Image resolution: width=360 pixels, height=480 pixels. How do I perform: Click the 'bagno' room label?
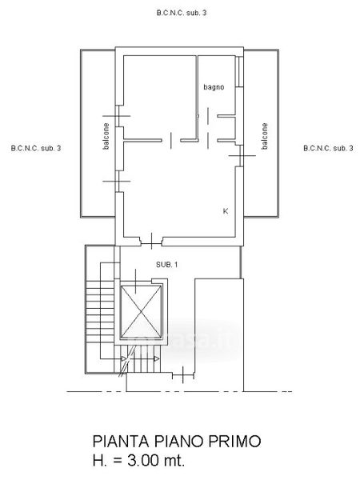pyautogui.click(x=214, y=87)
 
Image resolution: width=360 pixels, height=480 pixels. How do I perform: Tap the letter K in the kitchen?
pyautogui.click(x=226, y=211)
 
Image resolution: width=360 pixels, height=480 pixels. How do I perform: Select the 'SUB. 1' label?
pyautogui.click(x=167, y=265)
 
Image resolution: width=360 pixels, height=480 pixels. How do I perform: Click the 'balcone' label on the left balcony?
pyautogui.click(x=106, y=136)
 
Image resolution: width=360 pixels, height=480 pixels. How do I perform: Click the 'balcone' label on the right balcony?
pyautogui.click(x=265, y=136)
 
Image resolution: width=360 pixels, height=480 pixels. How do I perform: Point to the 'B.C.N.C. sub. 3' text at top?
pyautogui.click(x=182, y=13)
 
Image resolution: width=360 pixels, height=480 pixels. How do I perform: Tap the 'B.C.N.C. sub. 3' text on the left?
pyautogui.click(x=36, y=148)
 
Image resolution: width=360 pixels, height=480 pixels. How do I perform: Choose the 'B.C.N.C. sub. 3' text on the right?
pyautogui.click(x=328, y=148)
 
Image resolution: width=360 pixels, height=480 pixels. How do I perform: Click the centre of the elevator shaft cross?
pyautogui.click(x=141, y=312)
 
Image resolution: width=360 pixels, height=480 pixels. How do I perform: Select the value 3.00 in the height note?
pyautogui.click(x=142, y=460)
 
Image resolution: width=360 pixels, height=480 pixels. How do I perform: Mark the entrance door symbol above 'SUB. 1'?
pyautogui.click(x=152, y=241)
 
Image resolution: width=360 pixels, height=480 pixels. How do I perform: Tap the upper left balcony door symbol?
pyautogui.click(x=117, y=116)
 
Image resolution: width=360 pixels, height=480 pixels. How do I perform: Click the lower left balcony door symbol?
pyautogui.click(x=117, y=182)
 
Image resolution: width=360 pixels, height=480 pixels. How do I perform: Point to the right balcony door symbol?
pyautogui.click(x=242, y=156)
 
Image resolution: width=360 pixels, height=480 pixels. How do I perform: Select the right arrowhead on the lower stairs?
pyautogui.click(x=157, y=358)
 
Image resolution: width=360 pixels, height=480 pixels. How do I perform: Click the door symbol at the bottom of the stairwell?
pyautogui.click(x=183, y=374)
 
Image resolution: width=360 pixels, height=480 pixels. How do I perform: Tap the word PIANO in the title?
pyautogui.click(x=178, y=441)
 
